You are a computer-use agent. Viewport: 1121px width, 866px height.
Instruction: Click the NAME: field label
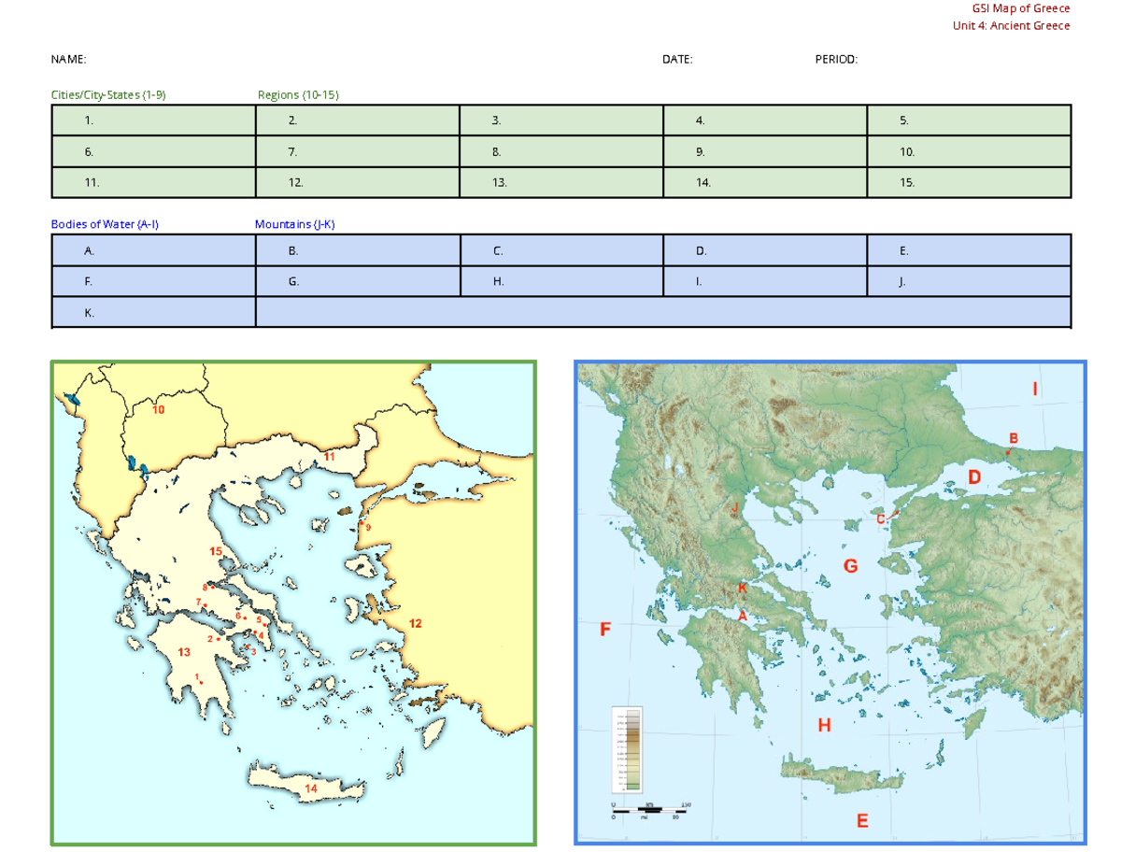(68, 59)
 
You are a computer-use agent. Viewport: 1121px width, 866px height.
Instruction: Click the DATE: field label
(677, 59)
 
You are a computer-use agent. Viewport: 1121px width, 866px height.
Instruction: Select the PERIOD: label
(836, 59)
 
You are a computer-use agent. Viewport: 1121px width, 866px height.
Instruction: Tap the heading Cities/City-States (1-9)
(108, 94)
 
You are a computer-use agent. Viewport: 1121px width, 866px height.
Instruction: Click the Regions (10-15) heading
(298, 94)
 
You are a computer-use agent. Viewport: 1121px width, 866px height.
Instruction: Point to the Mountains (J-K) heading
(294, 224)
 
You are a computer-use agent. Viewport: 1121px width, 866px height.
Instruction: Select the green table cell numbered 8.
(560, 151)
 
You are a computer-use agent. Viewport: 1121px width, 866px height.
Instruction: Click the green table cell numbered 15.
(969, 183)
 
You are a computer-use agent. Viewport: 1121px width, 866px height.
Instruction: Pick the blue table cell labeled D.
(765, 250)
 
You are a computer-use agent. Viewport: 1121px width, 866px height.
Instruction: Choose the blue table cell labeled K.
(153, 313)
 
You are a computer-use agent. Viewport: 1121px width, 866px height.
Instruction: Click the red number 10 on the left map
(159, 410)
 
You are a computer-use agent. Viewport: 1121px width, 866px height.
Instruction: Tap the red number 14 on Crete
(311, 788)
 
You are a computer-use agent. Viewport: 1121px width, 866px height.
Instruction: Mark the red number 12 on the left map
(416, 623)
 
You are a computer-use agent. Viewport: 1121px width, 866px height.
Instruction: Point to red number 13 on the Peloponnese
(184, 652)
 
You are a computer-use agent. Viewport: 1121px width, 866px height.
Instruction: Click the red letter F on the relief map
(604, 629)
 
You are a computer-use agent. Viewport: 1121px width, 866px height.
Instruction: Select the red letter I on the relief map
(1034, 388)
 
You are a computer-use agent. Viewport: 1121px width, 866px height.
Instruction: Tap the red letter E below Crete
(862, 820)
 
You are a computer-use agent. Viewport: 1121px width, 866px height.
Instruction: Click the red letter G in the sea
(850, 566)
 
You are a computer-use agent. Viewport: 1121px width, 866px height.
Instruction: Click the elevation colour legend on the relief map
(625, 747)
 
